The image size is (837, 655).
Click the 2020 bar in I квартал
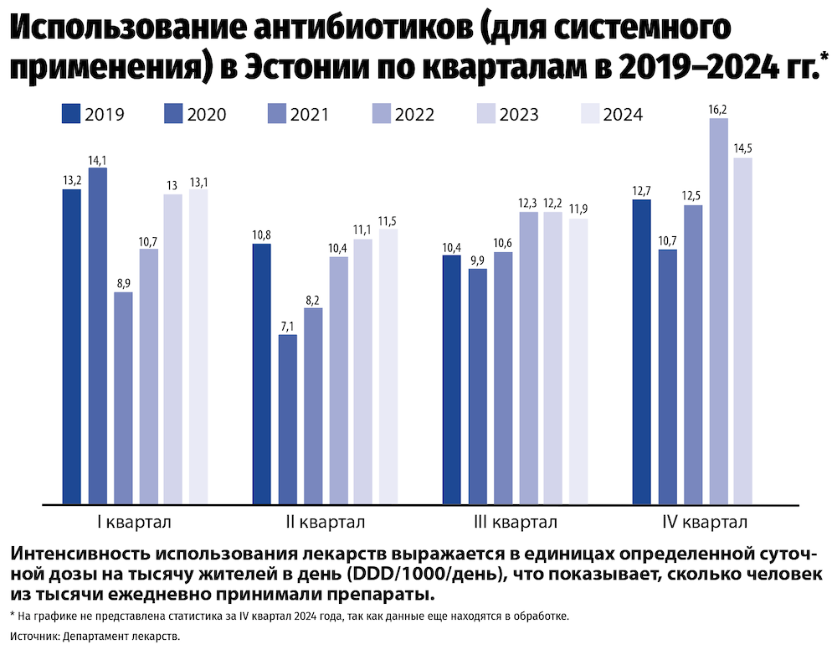[x=98, y=335]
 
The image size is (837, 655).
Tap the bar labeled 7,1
[x=287, y=419]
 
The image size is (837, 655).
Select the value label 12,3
[x=527, y=204]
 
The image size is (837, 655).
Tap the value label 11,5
[x=388, y=221]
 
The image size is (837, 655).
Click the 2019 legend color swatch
[x=71, y=115]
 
